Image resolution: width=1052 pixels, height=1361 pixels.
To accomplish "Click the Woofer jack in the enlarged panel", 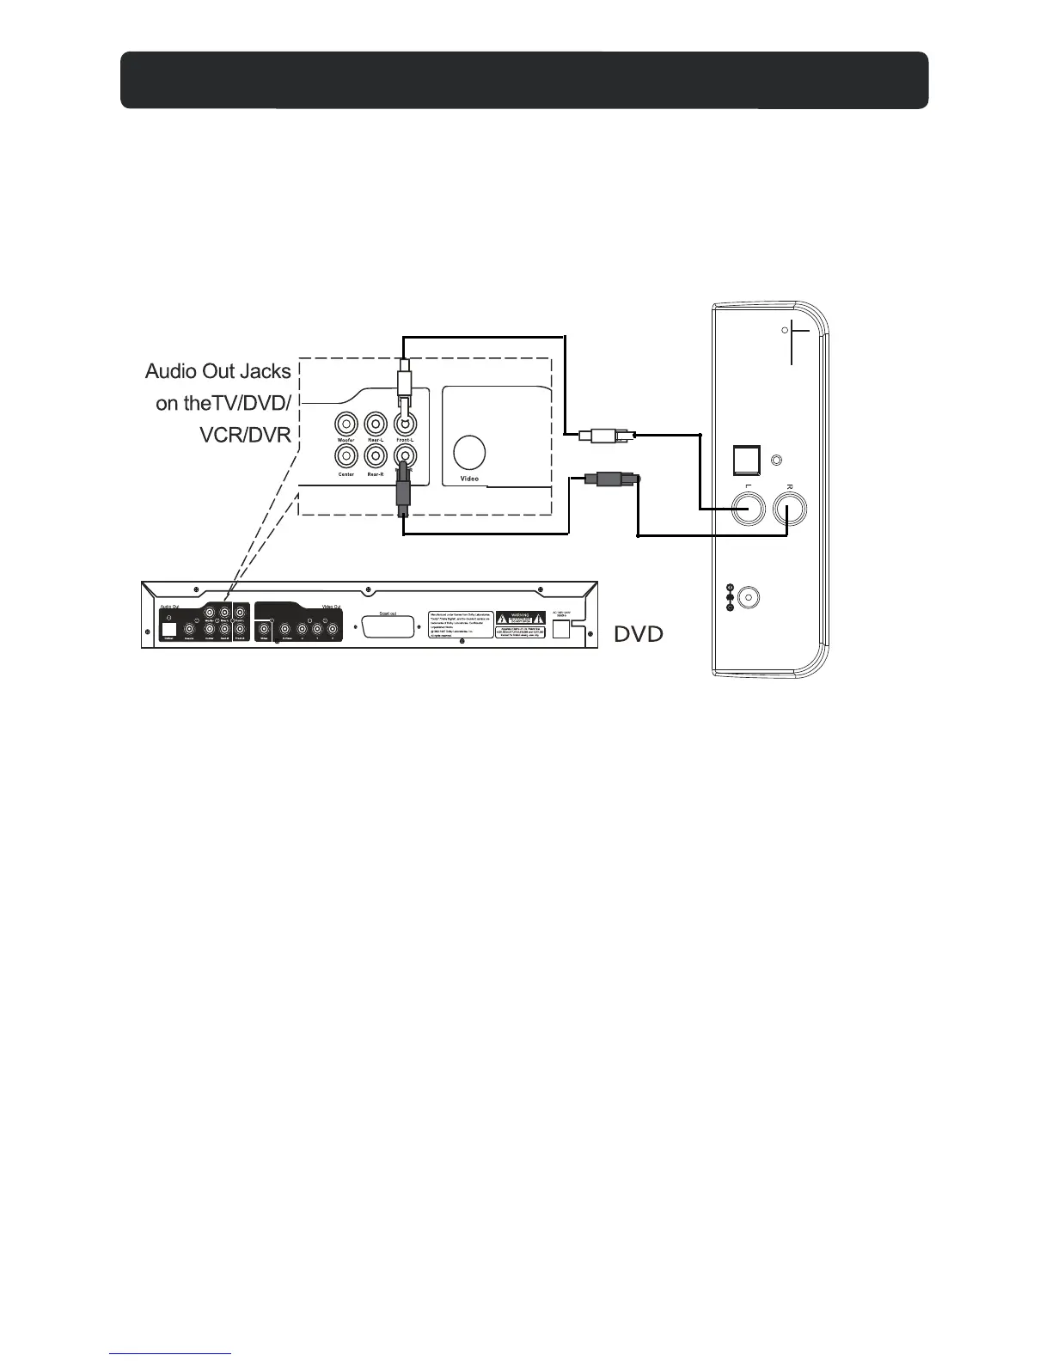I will [346, 424].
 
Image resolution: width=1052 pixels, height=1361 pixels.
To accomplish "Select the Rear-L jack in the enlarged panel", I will [375, 424].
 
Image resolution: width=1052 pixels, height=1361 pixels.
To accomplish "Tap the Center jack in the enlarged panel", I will [346, 455].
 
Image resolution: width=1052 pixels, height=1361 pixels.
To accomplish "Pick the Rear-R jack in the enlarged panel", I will [375, 455].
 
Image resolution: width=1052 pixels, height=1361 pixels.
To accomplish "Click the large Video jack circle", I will [468, 451].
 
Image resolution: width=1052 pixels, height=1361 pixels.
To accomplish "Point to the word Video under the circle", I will [469, 479].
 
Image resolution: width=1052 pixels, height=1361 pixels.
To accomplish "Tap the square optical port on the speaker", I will [745, 462].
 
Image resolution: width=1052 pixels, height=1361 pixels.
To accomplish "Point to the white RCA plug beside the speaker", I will [607, 436].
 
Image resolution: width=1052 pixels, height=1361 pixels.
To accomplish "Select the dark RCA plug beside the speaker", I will [611, 478].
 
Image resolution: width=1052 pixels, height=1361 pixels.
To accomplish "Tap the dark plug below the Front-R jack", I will [402, 494].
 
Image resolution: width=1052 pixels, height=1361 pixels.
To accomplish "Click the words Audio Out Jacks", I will [218, 372].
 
